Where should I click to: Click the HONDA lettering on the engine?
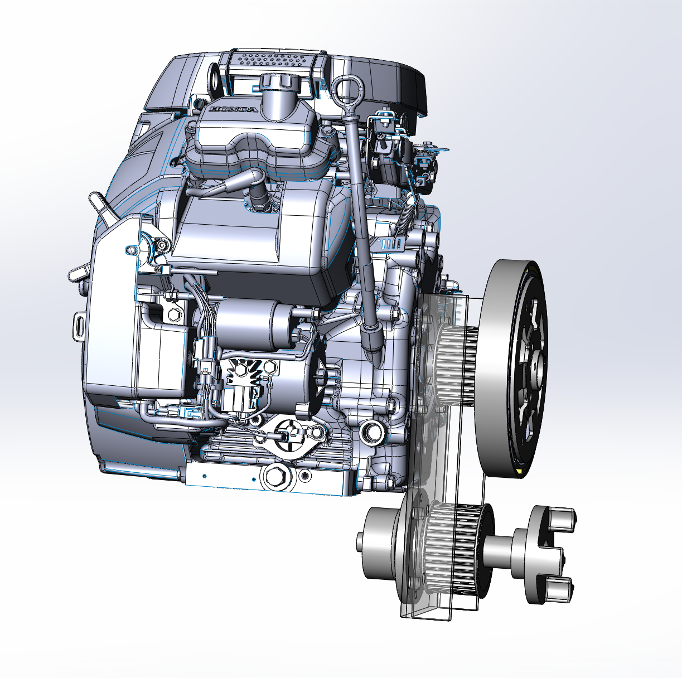(233, 109)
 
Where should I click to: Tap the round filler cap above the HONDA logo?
(280, 83)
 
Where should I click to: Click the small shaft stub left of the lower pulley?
(361, 551)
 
